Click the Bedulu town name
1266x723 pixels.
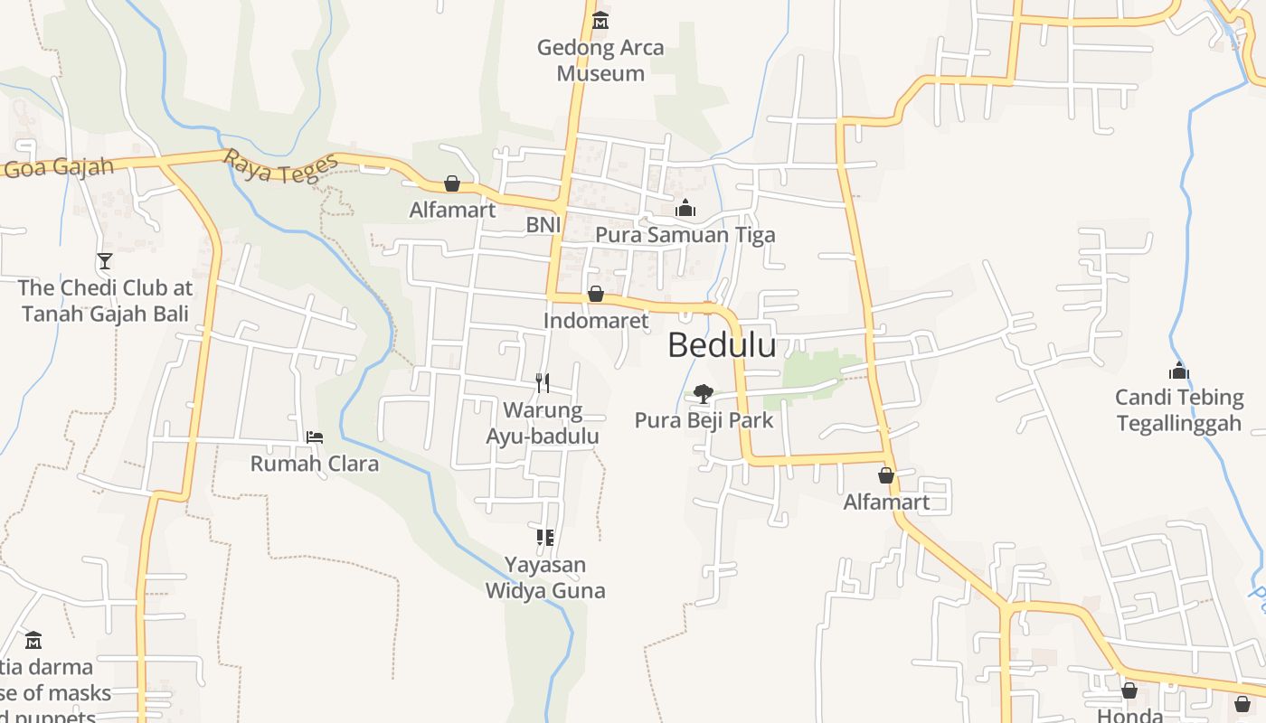[722, 345]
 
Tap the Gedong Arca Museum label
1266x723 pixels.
[600, 60]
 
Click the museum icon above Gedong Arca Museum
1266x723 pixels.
[600, 20]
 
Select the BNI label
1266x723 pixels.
[543, 224]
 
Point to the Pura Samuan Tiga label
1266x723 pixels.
[685, 235]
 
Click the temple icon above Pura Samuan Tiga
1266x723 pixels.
[685, 209]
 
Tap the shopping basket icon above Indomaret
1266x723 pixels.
[596, 294]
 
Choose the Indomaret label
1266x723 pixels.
[596, 320]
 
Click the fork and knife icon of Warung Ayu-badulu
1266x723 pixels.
[543, 382]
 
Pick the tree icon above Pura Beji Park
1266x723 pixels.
[703, 394]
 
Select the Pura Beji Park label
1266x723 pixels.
[704, 420]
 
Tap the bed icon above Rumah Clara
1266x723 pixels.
[315, 437]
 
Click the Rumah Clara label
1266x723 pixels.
[315, 464]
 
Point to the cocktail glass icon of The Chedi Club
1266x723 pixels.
[105, 261]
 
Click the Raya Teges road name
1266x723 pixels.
[281, 166]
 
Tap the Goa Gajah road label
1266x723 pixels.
[58, 167]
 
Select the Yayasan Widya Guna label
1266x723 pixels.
[545, 577]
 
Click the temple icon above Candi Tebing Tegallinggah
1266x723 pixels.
[1178, 371]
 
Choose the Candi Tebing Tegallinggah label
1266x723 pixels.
[1178, 409]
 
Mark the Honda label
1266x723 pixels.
[1129, 715]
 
